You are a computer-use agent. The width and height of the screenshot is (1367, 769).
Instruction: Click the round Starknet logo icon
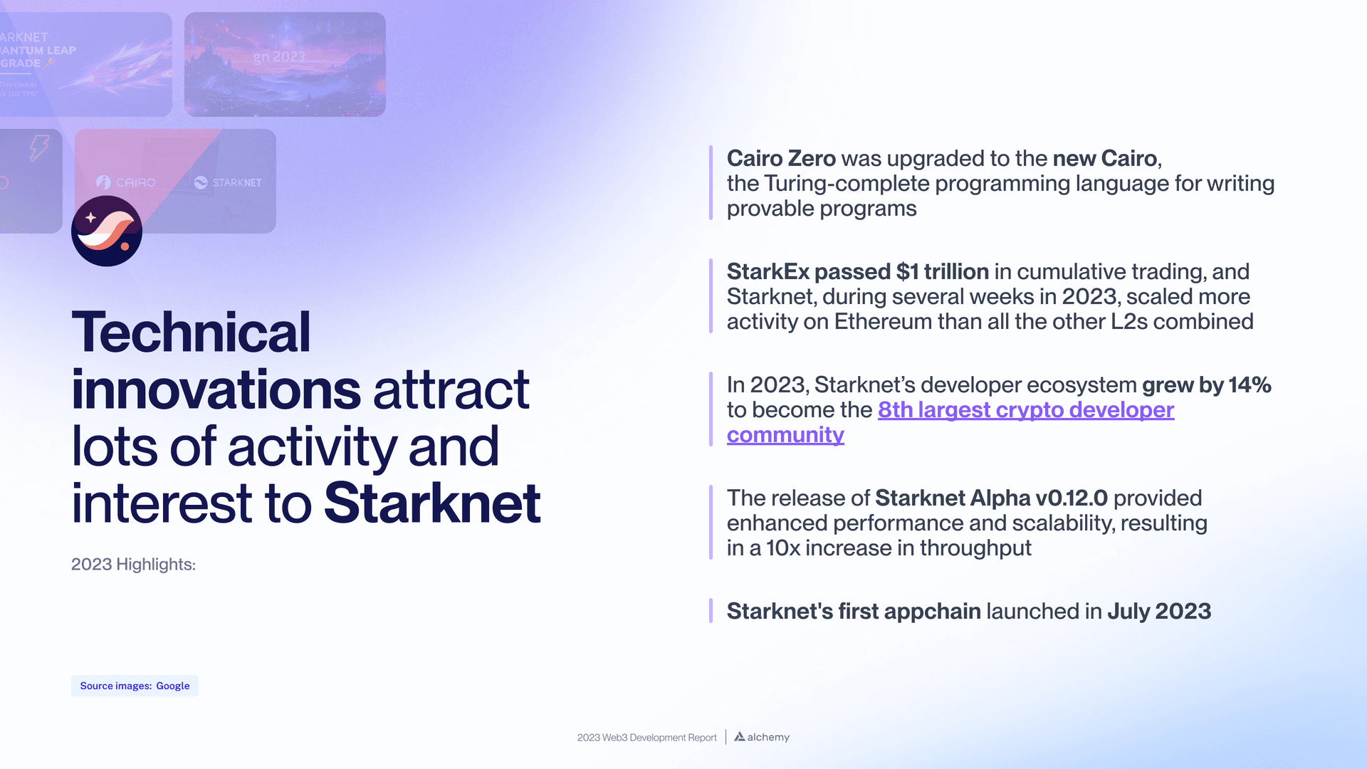107,231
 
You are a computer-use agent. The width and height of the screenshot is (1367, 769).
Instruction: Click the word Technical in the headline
191,333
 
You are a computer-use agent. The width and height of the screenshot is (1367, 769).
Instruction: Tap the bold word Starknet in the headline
432,503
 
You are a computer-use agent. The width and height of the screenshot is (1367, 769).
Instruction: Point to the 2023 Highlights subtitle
133,565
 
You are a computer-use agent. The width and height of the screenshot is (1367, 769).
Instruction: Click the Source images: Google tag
135,686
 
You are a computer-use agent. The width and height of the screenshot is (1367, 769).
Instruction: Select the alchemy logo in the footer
762,737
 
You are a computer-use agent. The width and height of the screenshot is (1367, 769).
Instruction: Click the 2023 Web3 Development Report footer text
646,738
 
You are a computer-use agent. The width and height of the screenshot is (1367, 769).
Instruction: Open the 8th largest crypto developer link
1025,410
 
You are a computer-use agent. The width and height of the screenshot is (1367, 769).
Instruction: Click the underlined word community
785,435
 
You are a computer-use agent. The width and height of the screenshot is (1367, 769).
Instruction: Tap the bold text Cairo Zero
781,158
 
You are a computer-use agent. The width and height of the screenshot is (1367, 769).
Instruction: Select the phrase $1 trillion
942,271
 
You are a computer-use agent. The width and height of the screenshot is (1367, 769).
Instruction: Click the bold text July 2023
1158,612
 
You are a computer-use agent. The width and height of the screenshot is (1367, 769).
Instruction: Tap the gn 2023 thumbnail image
285,64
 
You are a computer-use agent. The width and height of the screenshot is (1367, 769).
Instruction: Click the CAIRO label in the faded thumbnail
135,183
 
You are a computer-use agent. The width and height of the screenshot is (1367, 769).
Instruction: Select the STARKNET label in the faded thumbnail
236,183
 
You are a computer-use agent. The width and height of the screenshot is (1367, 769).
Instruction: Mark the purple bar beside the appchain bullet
711,611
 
